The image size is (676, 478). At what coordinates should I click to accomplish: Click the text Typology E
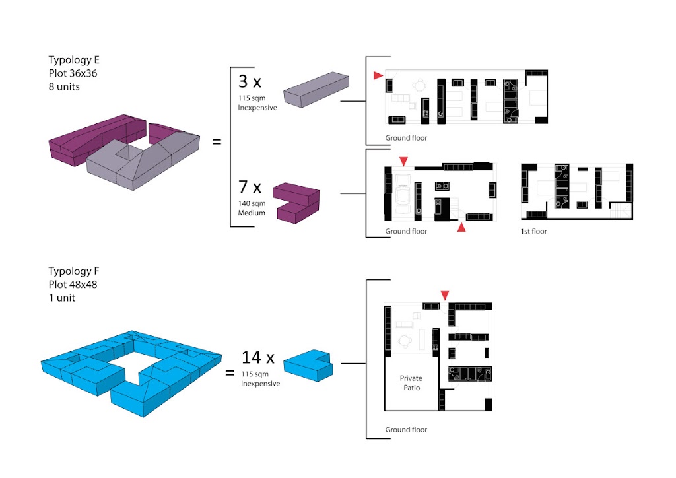coord(74,60)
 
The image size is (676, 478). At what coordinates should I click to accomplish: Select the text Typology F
coord(74,271)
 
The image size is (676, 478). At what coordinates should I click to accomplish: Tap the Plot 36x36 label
coord(73,73)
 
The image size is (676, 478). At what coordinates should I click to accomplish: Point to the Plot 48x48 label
coord(73,285)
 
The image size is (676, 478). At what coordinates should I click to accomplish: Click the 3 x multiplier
coord(250,81)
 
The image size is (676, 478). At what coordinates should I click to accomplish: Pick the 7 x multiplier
coord(250,187)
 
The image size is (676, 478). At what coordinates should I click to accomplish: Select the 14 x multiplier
coord(258,357)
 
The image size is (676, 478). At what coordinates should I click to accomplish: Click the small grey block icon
coord(316,89)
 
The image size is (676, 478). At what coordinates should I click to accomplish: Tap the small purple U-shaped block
coord(296,203)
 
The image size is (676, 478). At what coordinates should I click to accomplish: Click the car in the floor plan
coord(403,193)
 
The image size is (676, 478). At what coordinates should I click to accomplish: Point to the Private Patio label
coord(411,383)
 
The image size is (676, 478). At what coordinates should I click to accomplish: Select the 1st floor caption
coord(533,232)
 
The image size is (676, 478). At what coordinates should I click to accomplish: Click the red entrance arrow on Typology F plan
coord(445,295)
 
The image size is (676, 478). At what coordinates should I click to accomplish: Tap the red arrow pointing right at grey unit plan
coord(378,75)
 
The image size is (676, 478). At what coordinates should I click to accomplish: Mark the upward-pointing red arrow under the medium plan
coord(461,227)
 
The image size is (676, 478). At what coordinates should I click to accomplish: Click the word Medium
coord(252,213)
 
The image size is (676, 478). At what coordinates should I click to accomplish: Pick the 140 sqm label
coord(252,203)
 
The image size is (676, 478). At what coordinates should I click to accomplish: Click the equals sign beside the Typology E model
coord(217,141)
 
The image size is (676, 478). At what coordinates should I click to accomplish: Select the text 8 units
coord(64,86)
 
